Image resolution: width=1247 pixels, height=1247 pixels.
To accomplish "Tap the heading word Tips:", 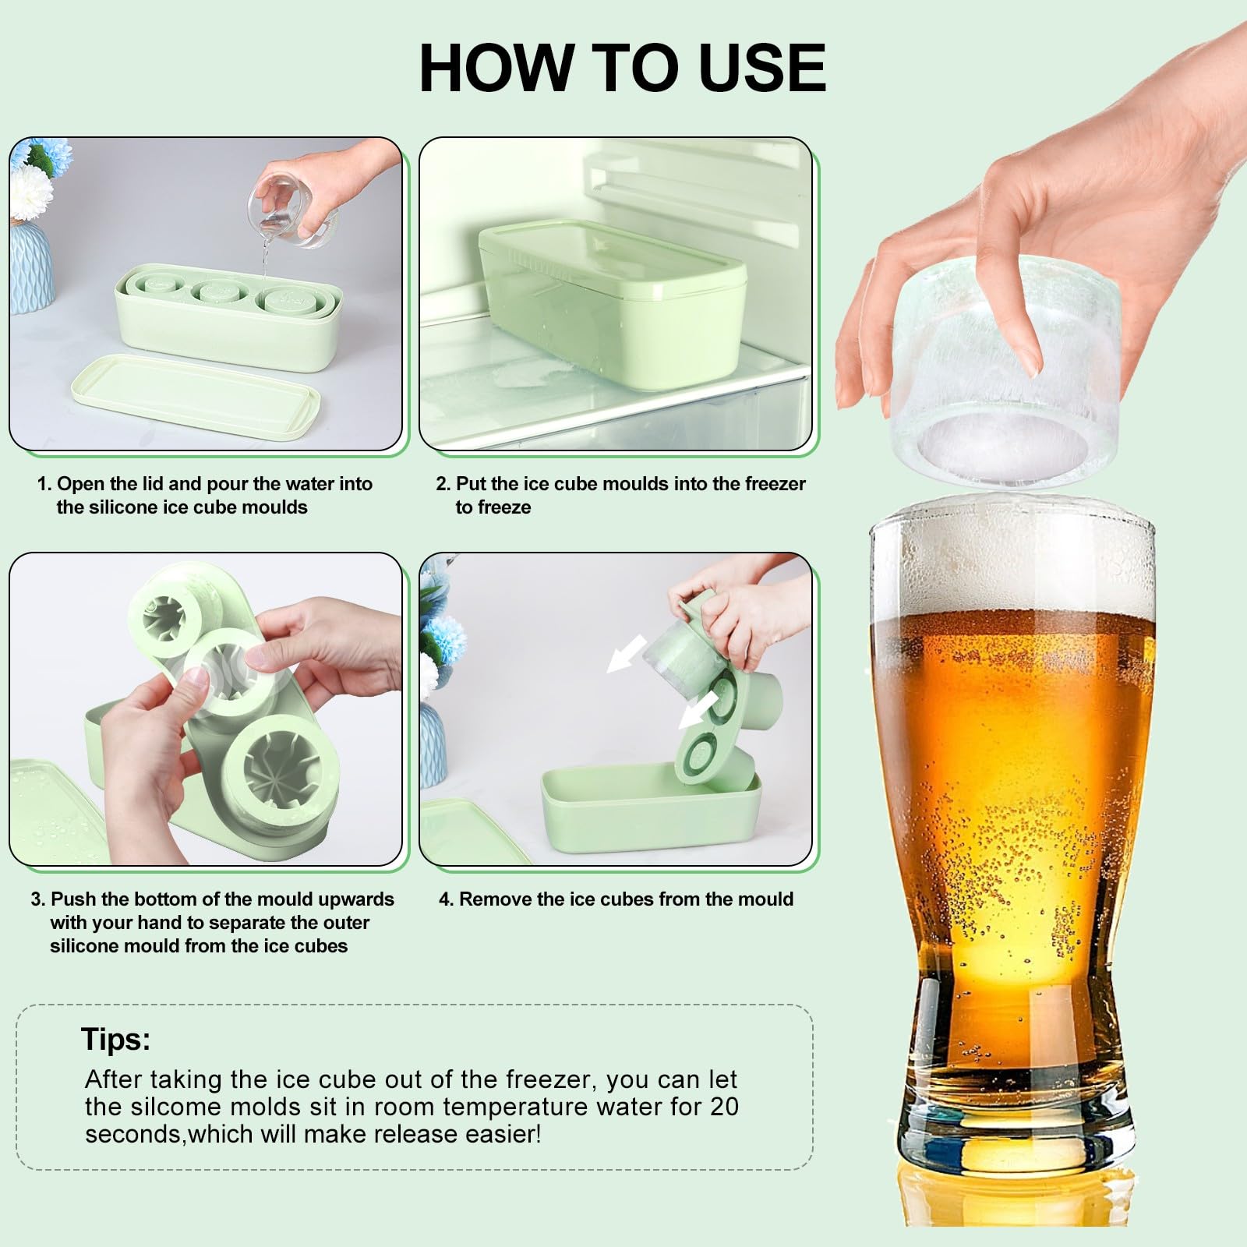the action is pyautogui.click(x=115, y=1040).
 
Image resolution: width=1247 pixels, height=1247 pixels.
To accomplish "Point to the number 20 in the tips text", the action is pyautogui.click(x=721, y=1107).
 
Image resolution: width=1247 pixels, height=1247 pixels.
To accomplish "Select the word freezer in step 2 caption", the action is pyautogui.click(x=775, y=484).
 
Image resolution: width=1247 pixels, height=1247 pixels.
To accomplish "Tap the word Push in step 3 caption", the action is pyautogui.click(x=74, y=899).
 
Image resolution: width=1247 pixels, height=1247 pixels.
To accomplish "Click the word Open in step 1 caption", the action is pyautogui.click(x=79, y=484).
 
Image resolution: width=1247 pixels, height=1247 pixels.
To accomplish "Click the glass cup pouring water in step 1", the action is pyautogui.click(x=293, y=208).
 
